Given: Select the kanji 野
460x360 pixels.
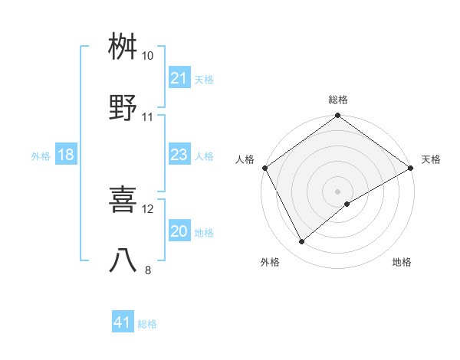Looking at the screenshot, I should (123, 108).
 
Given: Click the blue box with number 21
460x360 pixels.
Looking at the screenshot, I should (179, 78).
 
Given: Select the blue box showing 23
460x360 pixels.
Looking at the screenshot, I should (179, 155).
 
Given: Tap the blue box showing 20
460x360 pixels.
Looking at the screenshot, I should (179, 232).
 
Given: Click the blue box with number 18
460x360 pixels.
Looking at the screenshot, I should (66, 155).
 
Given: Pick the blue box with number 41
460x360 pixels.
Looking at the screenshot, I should (123, 323).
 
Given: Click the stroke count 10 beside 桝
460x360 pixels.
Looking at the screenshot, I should (148, 56).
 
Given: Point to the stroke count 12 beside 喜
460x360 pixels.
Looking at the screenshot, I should (148, 208).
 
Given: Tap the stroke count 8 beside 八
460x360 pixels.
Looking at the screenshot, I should (148, 270).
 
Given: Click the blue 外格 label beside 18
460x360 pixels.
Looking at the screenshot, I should (41, 156).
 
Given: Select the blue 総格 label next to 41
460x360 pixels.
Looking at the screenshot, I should (147, 324).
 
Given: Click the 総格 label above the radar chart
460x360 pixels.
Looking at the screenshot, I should (338, 100).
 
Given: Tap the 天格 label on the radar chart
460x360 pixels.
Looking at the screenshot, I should (431, 159).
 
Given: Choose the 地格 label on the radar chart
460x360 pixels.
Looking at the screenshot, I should (402, 262).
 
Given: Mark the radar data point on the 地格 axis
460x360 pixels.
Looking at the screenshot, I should (347, 204).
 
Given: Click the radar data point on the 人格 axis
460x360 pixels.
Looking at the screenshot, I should (264, 167).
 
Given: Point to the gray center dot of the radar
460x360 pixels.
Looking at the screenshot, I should (338, 191).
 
